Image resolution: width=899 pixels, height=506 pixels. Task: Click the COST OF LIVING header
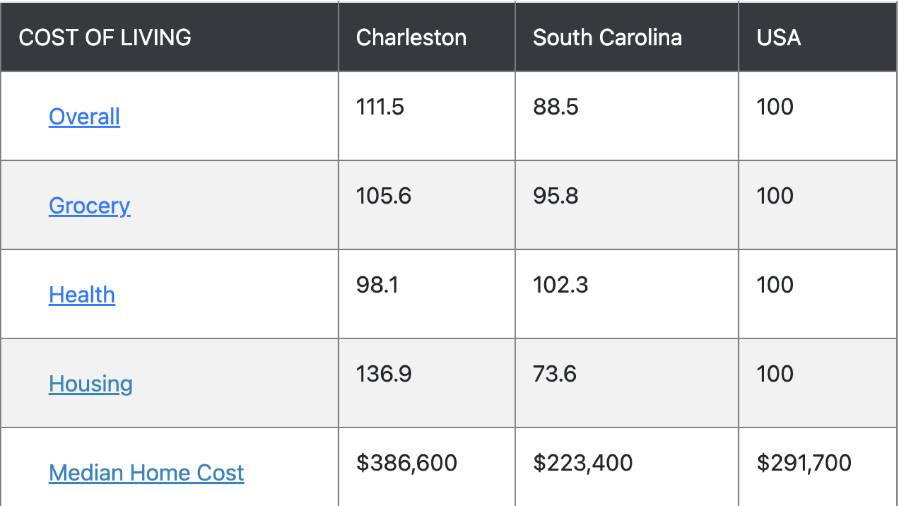105,37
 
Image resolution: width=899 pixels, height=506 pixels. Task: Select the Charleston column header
411,37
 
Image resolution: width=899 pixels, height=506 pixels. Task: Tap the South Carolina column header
607,37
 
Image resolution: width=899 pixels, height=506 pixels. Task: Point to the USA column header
778,37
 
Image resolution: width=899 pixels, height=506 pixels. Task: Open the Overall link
84,117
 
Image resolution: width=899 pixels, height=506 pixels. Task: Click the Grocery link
89,206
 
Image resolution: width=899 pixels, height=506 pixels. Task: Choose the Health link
82,295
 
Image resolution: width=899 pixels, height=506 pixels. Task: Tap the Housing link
90,384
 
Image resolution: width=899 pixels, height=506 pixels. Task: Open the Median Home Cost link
146,473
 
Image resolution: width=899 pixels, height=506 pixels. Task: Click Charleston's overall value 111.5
380,107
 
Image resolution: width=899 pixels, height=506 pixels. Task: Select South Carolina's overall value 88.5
556,107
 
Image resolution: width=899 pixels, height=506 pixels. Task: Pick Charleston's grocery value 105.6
383,196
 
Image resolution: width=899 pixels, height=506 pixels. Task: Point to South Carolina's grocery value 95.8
556,196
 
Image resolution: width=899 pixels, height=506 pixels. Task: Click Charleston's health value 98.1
377,285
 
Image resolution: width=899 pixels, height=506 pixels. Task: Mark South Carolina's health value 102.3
560,285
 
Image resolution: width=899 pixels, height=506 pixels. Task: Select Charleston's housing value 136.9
383,374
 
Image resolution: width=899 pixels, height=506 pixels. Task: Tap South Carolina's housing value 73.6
554,374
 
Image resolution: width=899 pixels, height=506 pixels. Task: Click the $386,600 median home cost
406,463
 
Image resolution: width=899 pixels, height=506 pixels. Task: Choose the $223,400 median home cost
583,463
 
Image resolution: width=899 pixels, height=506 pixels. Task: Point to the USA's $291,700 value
804,463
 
